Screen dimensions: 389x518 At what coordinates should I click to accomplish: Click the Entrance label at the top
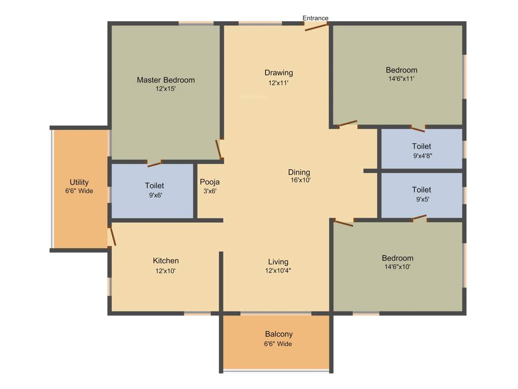coord(315,18)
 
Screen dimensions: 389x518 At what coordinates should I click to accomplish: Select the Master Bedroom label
coord(165,80)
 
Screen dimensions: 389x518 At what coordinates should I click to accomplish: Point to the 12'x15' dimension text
coord(165,89)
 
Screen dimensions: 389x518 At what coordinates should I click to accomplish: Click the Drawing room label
coord(278,73)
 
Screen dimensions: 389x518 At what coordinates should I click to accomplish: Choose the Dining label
coord(299,172)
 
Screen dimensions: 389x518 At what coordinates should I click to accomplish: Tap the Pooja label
coord(209,182)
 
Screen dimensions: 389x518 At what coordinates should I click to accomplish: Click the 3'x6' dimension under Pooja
coord(209,191)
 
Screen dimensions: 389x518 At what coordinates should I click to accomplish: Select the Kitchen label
coord(165,261)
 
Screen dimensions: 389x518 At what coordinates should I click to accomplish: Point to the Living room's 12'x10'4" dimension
coord(278,270)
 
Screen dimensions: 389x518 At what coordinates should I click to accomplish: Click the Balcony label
coord(279,334)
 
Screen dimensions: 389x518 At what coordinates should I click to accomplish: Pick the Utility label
coord(79,182)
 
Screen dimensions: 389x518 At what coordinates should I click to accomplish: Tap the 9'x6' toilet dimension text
coord(154,195)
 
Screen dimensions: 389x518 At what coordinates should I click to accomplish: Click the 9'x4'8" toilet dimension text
coord(421,156)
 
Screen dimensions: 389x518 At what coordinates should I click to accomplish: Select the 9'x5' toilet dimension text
coord(421,199)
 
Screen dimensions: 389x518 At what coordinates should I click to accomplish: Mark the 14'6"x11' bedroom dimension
coord(401,79)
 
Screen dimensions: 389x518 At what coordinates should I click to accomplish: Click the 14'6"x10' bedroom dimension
coord(397,267)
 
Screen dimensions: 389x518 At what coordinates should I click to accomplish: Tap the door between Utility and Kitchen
coord(112,237)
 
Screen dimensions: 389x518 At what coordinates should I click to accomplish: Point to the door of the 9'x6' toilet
coord(154,164)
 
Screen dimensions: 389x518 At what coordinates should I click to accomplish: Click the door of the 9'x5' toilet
coord(419,218)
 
